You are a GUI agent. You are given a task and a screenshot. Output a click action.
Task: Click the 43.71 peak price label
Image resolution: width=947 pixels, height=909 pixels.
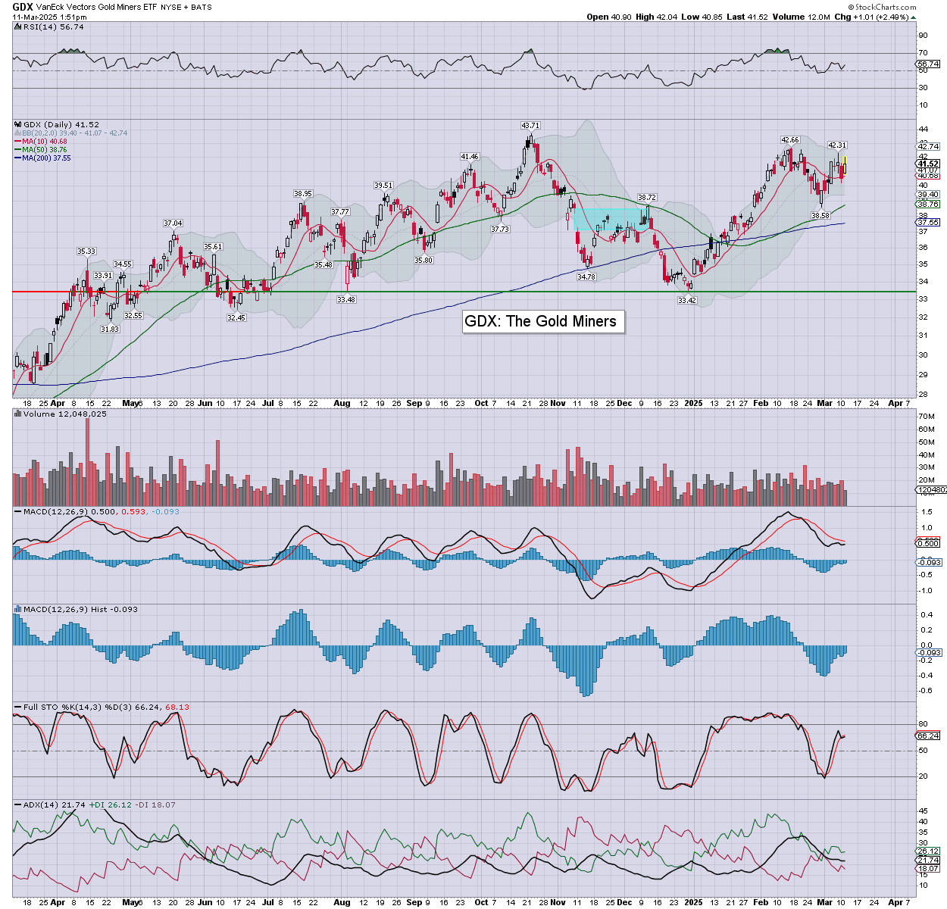pos(530,125)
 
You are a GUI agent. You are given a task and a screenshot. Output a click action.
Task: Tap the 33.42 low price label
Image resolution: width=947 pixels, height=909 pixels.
pos(686,301)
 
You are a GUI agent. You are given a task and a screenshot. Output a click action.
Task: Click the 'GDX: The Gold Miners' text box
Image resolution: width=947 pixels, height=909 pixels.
pos(540,321)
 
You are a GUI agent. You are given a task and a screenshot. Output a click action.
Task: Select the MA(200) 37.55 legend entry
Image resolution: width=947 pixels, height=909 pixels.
pos(46,158)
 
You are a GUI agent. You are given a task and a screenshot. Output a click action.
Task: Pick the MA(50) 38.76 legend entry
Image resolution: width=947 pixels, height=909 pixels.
pos(45,150)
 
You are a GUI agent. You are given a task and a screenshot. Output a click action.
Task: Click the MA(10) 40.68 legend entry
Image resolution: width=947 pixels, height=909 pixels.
pos(45,142)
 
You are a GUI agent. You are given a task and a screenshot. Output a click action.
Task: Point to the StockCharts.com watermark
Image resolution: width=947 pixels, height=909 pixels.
pos(885,8)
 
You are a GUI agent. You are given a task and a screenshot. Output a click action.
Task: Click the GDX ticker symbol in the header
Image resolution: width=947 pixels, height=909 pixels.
pos(23,7)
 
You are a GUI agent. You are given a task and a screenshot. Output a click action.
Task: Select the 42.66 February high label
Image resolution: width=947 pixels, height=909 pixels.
pos(789,140)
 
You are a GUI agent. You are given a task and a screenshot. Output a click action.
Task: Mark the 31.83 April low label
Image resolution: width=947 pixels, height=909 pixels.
pos(110,330)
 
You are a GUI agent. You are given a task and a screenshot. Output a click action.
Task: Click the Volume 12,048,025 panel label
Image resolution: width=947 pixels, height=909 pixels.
pos(64,414)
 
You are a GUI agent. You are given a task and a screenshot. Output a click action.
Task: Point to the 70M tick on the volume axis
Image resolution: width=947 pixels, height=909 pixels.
pos(926,417)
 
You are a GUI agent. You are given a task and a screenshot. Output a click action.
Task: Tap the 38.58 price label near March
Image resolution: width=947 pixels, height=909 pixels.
pos(820,216)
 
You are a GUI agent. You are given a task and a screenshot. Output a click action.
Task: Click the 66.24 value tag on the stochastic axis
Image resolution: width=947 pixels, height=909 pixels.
pos(928,736)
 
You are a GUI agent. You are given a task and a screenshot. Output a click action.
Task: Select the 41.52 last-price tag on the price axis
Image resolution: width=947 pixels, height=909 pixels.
pos(928,164)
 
